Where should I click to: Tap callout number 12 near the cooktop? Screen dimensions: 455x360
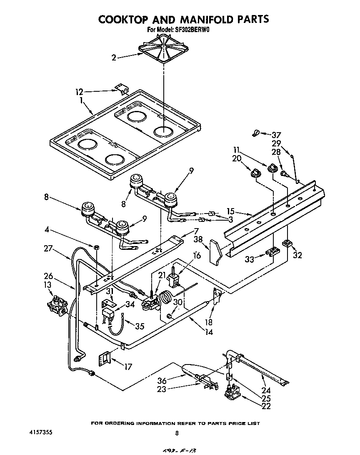click(79, 92)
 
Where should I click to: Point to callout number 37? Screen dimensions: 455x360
click(276, 135)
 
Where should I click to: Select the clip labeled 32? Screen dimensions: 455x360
click(287, 243)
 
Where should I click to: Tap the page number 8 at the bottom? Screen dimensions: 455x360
click(177, 433)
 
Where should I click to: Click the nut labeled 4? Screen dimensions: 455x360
click(96, 248)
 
